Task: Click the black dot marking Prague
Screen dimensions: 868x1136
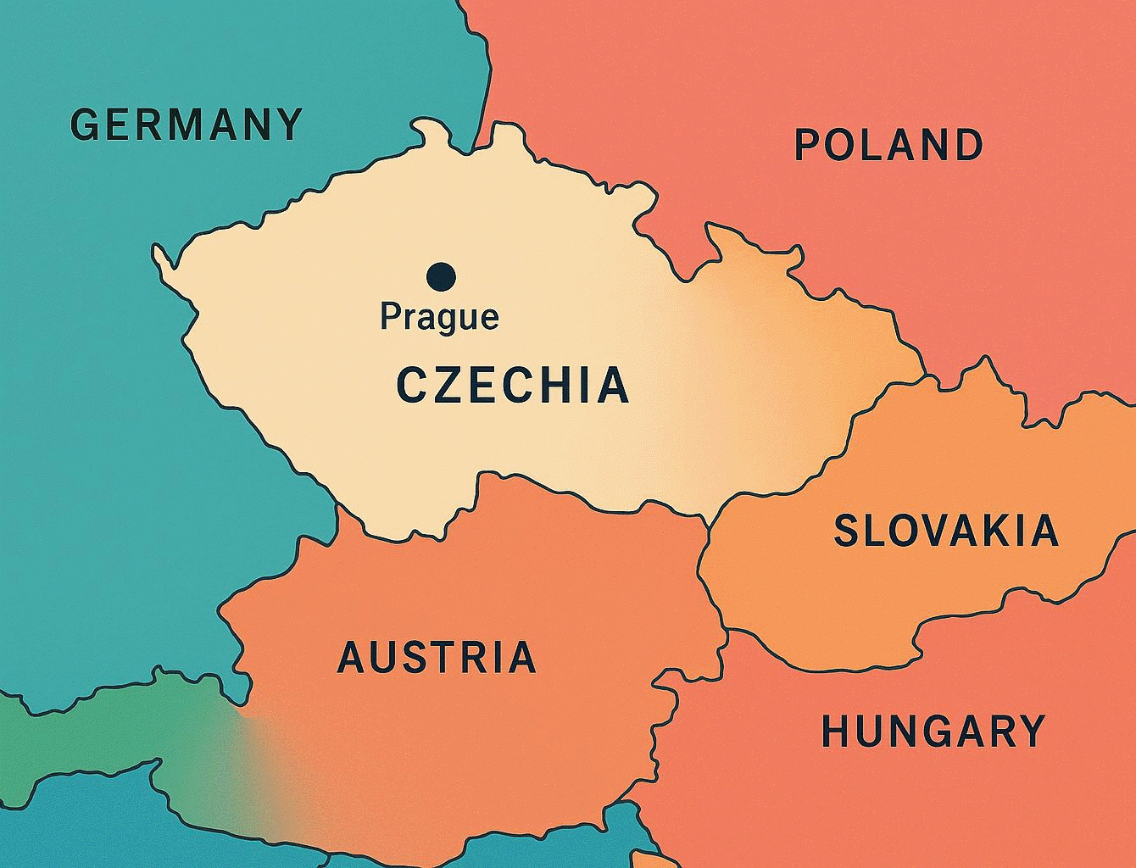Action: [441, 275]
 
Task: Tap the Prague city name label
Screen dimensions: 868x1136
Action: [439, 317]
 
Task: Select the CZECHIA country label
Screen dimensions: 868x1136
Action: [513, 386]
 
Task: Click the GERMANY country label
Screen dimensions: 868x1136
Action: [187, 125]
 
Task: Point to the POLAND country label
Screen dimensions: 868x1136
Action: [888, 145]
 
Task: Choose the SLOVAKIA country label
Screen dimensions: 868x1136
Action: [946, 531]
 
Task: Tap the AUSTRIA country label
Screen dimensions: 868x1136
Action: [437, 658]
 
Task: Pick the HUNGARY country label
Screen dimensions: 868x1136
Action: [933, 732]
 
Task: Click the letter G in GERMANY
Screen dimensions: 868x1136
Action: [84, 125]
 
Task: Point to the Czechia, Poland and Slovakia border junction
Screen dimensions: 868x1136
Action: [926, 374]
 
